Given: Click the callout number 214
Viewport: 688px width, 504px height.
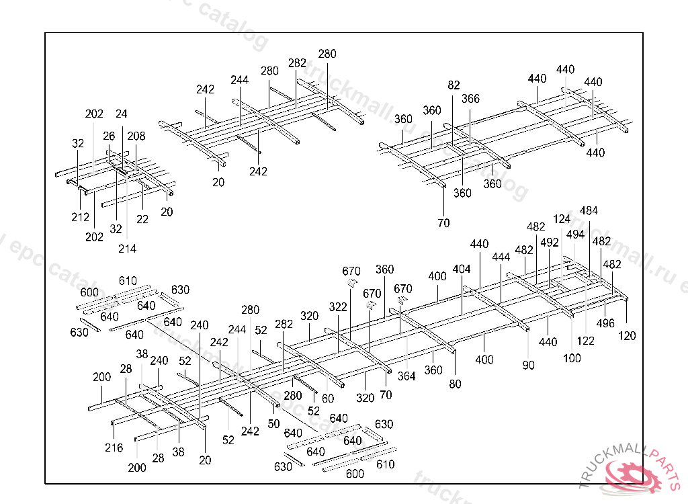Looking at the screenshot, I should coord(127,249).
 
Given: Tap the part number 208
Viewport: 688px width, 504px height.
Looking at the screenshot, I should coord(136,136).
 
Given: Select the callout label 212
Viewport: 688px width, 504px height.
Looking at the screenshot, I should coord(80,217).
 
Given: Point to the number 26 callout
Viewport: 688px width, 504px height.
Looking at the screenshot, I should coord(109,136).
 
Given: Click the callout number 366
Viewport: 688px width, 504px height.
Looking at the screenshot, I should coord(470,99).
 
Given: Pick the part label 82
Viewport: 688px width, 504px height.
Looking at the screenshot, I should coord(454,85).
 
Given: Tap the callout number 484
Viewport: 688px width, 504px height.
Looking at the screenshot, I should coord(589,211).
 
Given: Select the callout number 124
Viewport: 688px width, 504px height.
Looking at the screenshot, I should coord(562,219).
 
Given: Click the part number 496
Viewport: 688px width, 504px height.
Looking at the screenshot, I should coord(605,323).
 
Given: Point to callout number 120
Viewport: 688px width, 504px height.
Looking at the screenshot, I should coord(627,336).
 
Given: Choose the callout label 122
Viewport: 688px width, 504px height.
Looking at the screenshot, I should coord(585,341).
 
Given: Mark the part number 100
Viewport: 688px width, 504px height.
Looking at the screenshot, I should coord(572,358).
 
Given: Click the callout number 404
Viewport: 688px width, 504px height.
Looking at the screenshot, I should coord(462,269).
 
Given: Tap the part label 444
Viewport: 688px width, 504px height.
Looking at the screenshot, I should coord(501,257).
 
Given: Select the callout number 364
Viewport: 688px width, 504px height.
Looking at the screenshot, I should coord(406,376).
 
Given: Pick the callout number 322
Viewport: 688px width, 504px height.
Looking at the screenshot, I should coord(338,307).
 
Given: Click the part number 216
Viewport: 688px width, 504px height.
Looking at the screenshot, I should coord(114,448).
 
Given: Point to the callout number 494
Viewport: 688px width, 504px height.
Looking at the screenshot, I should coord(575,235).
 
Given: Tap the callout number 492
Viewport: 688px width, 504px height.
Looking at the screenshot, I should coord(550,243).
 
